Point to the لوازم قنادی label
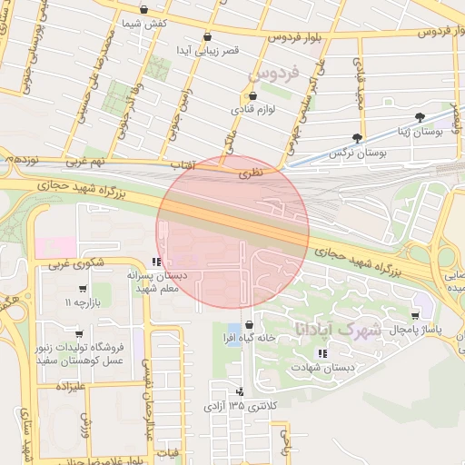pyautogui.click(x=252, y=109)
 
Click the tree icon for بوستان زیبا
pyautogui.click(x=419, y=117)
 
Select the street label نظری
pyautogui.click(x=248, y=171)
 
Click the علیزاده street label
pyautogui.click(x=70, y=387)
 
